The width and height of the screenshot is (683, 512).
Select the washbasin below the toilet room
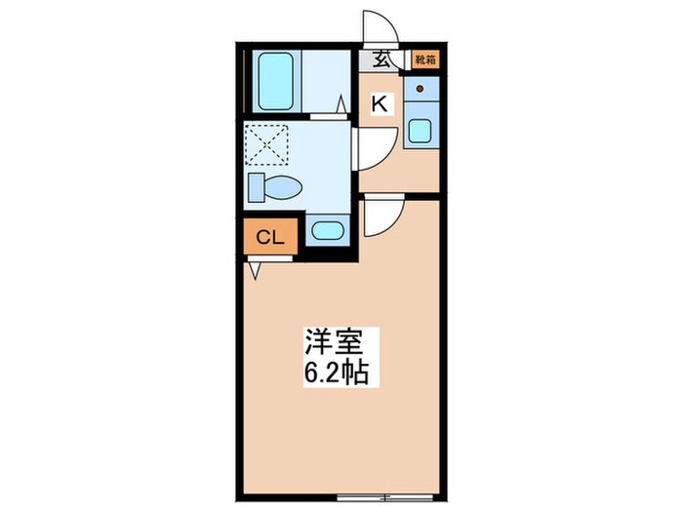click(326, 231)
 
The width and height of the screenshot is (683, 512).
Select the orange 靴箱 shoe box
click(423, 59)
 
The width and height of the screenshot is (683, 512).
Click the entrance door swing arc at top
click(377, 27)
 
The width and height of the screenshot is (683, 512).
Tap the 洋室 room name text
click(335, 344)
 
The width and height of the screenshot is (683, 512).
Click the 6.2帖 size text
click(335, 374)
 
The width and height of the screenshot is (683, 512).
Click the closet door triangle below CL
click(256, 269)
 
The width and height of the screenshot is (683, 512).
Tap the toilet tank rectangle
click(256, 186)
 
